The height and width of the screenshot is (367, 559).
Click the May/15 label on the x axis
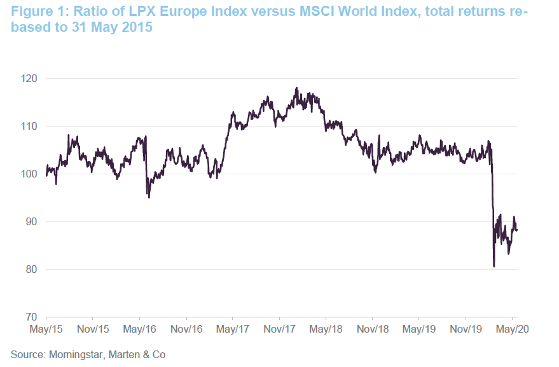(x=46, y=330)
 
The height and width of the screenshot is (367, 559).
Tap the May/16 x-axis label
(x=139, y=330)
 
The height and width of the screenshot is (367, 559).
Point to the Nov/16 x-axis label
(x=186, y=330)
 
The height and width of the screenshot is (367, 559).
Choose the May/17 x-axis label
(x=233, y=330)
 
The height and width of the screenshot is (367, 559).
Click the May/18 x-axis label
(x=326, y=330)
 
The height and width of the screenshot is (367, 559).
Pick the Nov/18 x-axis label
(x=372, y=330)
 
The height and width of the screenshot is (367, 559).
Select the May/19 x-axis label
(x=418, y=330)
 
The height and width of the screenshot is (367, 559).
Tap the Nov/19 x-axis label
(x=465, y=330)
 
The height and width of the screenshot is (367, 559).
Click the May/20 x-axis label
(x=512, y=330)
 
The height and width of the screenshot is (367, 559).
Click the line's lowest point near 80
(x=494, y=266)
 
